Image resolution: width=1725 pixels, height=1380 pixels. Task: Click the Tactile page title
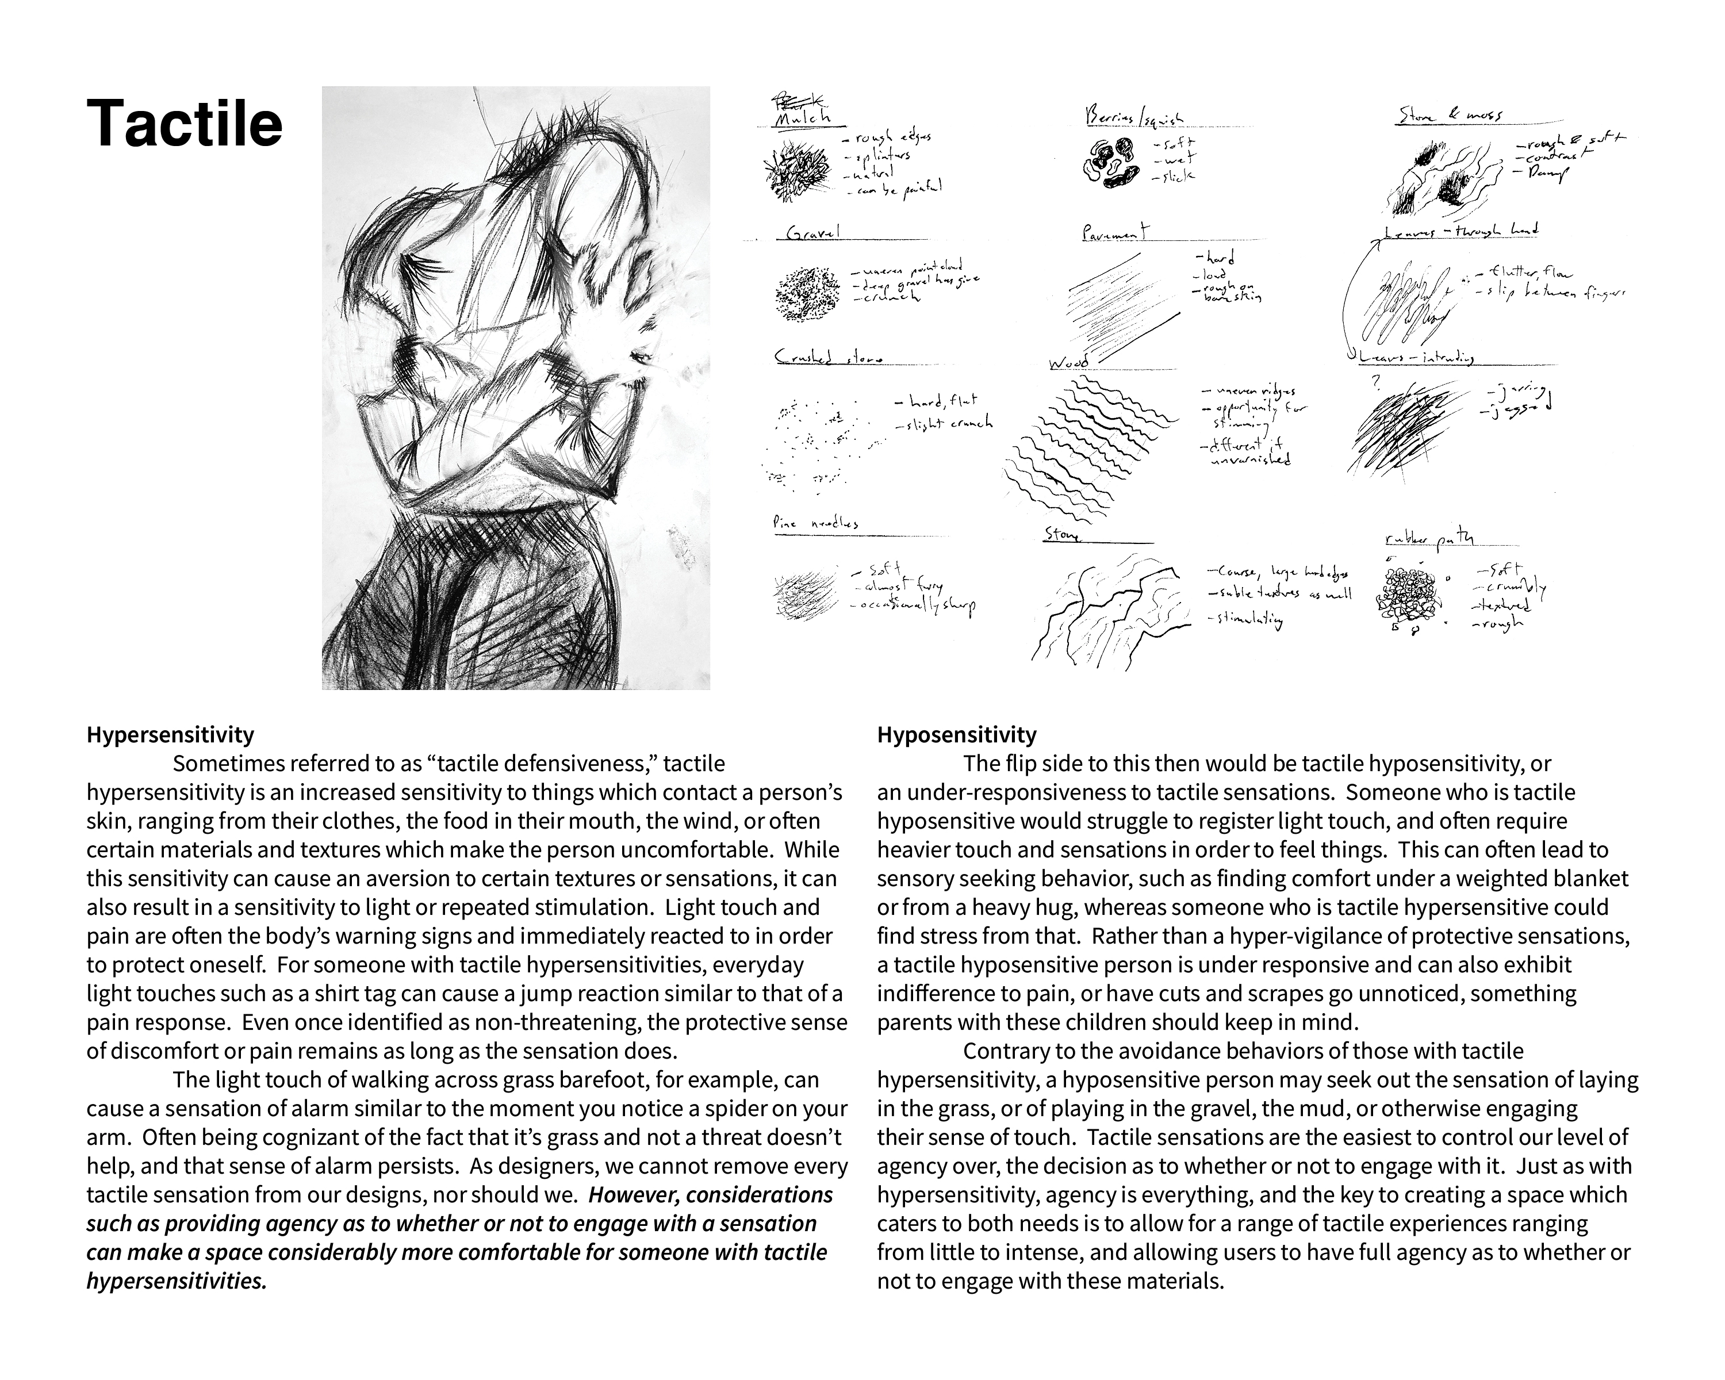click(184, 124)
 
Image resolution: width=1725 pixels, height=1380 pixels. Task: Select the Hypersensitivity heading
click(170, 734)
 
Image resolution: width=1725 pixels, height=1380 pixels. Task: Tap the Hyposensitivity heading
click(956, 734)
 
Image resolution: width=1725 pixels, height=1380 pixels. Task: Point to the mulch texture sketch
click(799, 170)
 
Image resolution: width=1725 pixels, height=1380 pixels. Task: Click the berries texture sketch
click(1110, 163)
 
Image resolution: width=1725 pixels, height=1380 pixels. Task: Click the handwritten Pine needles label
click(815, 523)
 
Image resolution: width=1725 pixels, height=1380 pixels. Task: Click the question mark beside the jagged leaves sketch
click(1376, 382)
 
